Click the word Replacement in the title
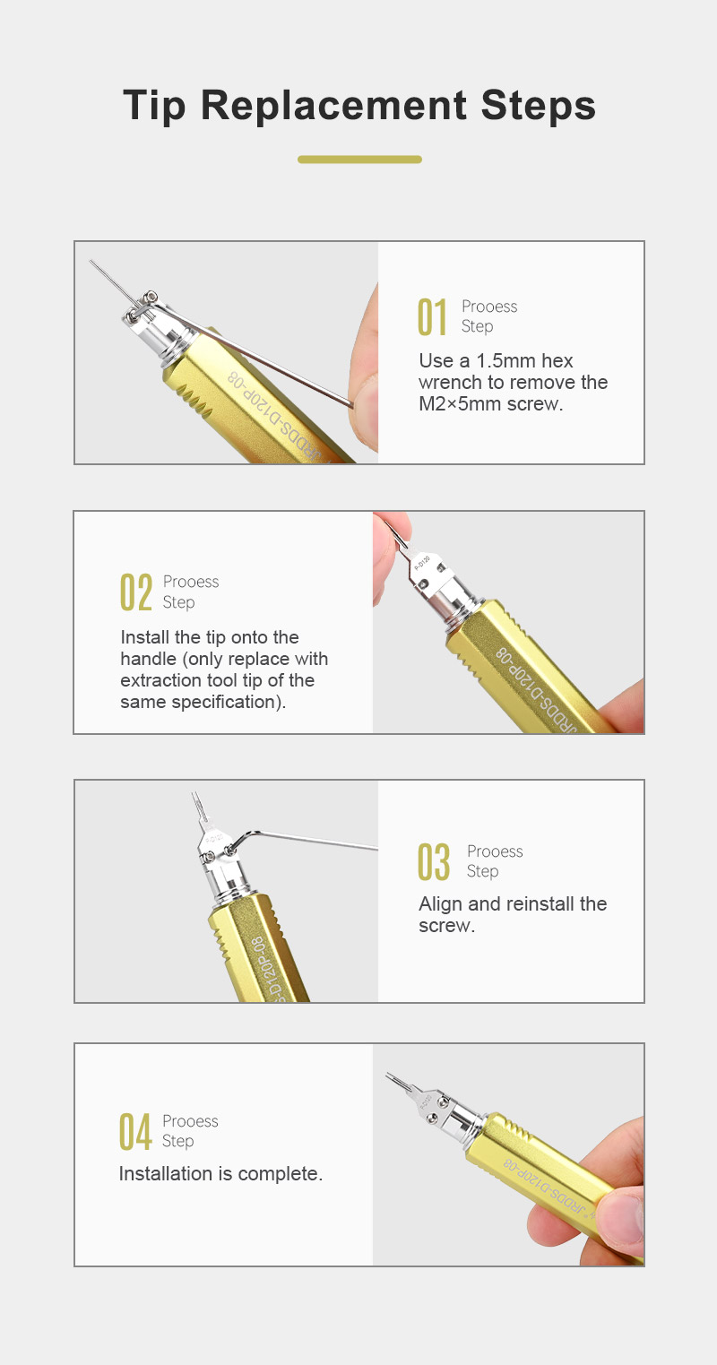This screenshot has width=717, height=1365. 333,106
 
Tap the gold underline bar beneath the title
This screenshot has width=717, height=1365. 359,160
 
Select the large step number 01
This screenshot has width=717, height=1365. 433,317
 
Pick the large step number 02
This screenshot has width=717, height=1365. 136,592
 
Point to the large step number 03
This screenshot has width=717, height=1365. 434,861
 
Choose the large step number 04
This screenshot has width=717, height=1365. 135,1132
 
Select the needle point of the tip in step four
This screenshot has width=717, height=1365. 387,1075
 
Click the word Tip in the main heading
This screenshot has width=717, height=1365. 154,106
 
